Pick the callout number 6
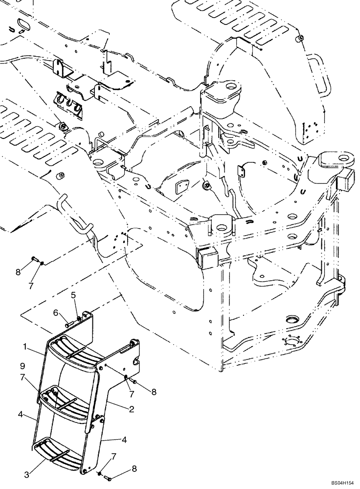click(56, 312)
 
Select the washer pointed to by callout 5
click(79, 319)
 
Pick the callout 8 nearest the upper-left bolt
click(18, 271)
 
